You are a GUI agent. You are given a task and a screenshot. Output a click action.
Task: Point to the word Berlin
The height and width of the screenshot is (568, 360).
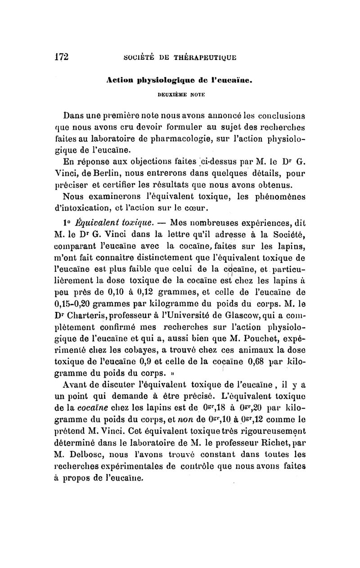pos(104,174)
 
